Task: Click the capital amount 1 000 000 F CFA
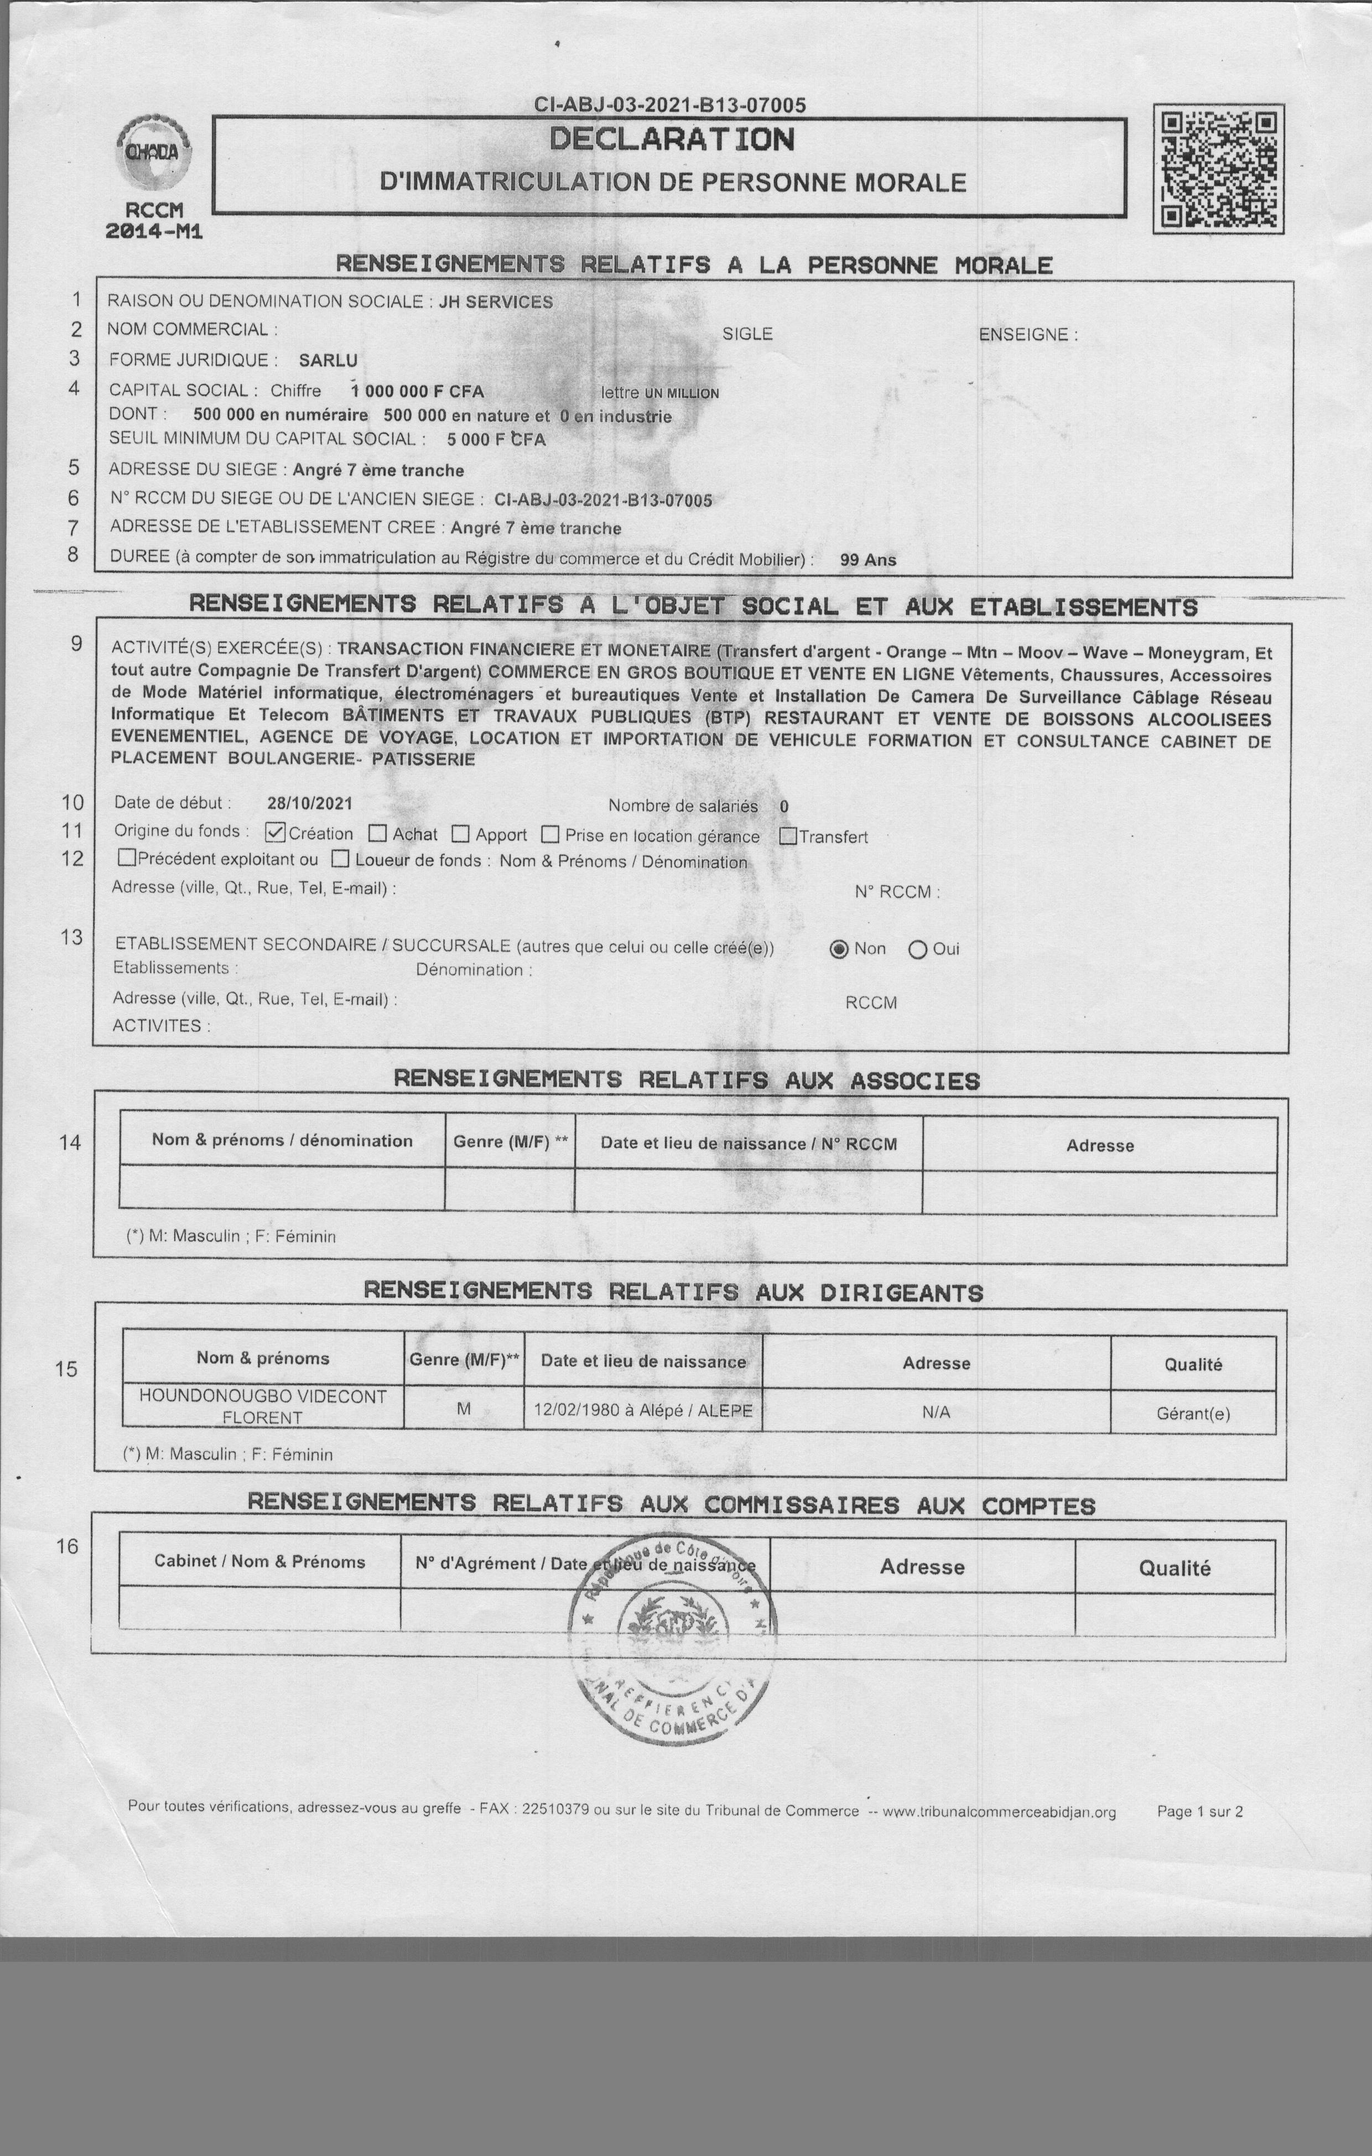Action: [417, 391]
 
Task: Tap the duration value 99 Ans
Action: [868, 559]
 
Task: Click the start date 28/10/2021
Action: [310, 804]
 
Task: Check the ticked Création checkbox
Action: [276, 833]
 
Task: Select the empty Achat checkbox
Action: [378, 834]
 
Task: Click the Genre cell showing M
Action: [464, 1409]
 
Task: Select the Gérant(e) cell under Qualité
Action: [1193, 1414]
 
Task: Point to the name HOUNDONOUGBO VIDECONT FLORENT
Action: [262, 1406]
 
